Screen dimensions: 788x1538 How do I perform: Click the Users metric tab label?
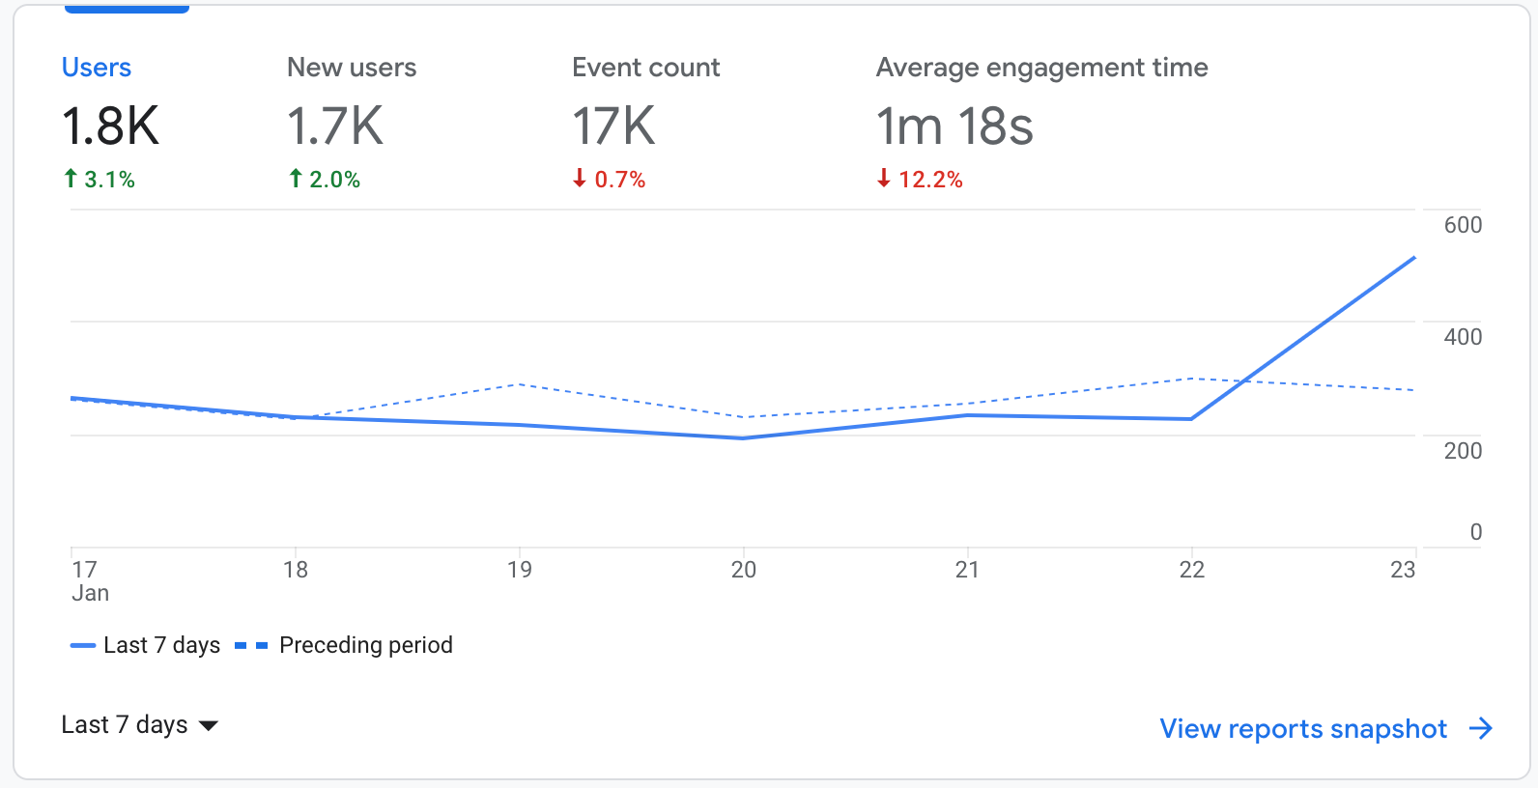[x=97, y=68]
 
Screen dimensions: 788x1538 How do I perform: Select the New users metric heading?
[x=352, y=68]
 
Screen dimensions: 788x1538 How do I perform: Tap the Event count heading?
[x=645, y=68]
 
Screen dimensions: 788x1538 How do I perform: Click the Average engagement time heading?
[x=1041, y=68]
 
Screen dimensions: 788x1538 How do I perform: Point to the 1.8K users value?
[x=110, y=127]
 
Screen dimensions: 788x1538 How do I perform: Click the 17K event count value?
[x=613, y=127]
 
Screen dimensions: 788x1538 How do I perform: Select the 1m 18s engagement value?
[x=954, y=127]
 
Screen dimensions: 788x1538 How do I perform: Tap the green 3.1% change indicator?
[x=100, y=180]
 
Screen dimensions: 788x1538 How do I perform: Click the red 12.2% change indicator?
[x=920, y=180]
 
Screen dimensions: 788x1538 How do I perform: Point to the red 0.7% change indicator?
[x=610, y=180]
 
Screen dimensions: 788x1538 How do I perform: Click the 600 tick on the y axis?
[x=1463, y=225]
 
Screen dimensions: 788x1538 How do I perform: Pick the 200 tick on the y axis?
[x=1463, y=451]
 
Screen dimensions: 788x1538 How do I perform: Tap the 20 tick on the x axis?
[x=743, y=570]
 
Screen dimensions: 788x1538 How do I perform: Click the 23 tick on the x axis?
[x=1402, y=570]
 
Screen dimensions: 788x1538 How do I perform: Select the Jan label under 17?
[x=90, y=594]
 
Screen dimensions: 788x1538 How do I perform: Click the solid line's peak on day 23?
[x=1414, y=258]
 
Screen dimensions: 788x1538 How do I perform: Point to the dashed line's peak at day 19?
[x=520, y=384]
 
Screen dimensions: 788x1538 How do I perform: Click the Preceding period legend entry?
[x=365, y=645]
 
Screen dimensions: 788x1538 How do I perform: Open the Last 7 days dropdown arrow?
[x=209, y=726]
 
